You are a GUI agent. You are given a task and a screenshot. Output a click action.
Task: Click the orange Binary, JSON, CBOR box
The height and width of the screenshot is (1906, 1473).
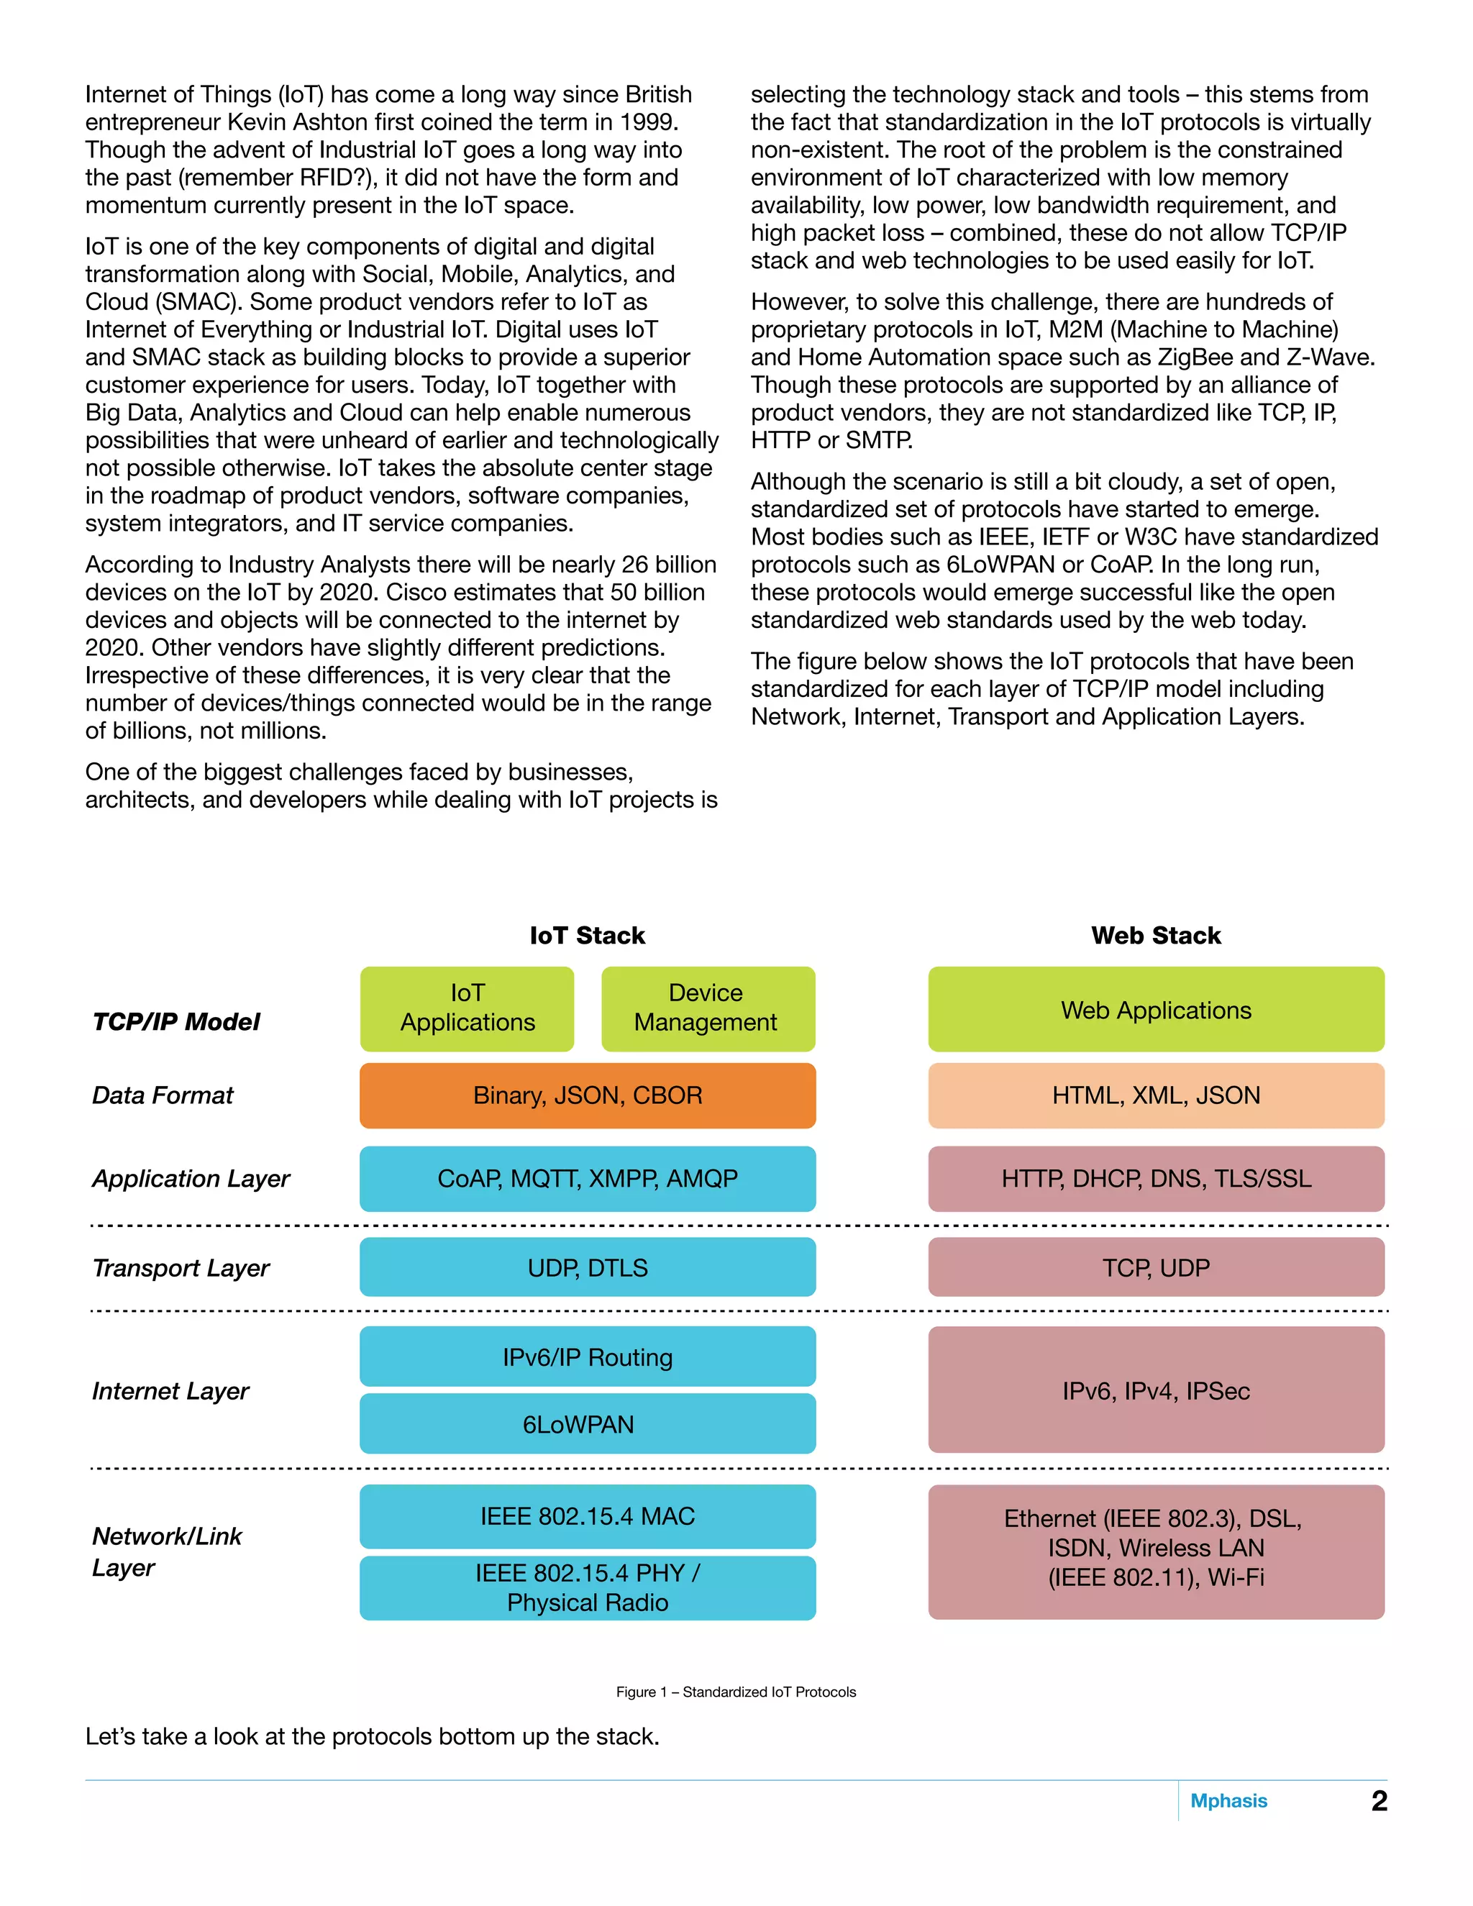(588, 1095)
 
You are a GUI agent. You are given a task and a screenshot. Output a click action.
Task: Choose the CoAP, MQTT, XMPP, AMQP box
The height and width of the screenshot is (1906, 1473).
(588, 1179)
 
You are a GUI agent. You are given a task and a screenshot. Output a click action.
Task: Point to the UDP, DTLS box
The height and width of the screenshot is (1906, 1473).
(588, 1267)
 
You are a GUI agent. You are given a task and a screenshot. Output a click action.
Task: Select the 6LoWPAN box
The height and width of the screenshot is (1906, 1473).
(588, 1424)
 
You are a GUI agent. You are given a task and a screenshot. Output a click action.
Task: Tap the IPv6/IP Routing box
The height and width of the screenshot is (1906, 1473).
(588, 1357)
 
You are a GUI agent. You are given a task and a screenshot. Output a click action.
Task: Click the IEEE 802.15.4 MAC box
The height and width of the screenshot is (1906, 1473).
(588, 1516)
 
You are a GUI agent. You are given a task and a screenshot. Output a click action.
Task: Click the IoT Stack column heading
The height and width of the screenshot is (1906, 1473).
(588, 936)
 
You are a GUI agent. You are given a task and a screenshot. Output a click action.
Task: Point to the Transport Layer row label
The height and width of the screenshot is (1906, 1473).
(181, 1268)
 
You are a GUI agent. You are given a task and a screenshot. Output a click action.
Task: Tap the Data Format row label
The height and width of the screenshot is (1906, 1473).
(163, 1095)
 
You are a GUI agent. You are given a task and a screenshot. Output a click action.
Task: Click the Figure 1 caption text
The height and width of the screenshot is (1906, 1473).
(736, 1692)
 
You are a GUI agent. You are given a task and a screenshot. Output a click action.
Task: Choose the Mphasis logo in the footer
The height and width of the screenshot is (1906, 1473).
(1228, 1800)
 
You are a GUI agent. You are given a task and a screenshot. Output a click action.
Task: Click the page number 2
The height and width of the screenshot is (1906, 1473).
(1379, 1800)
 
